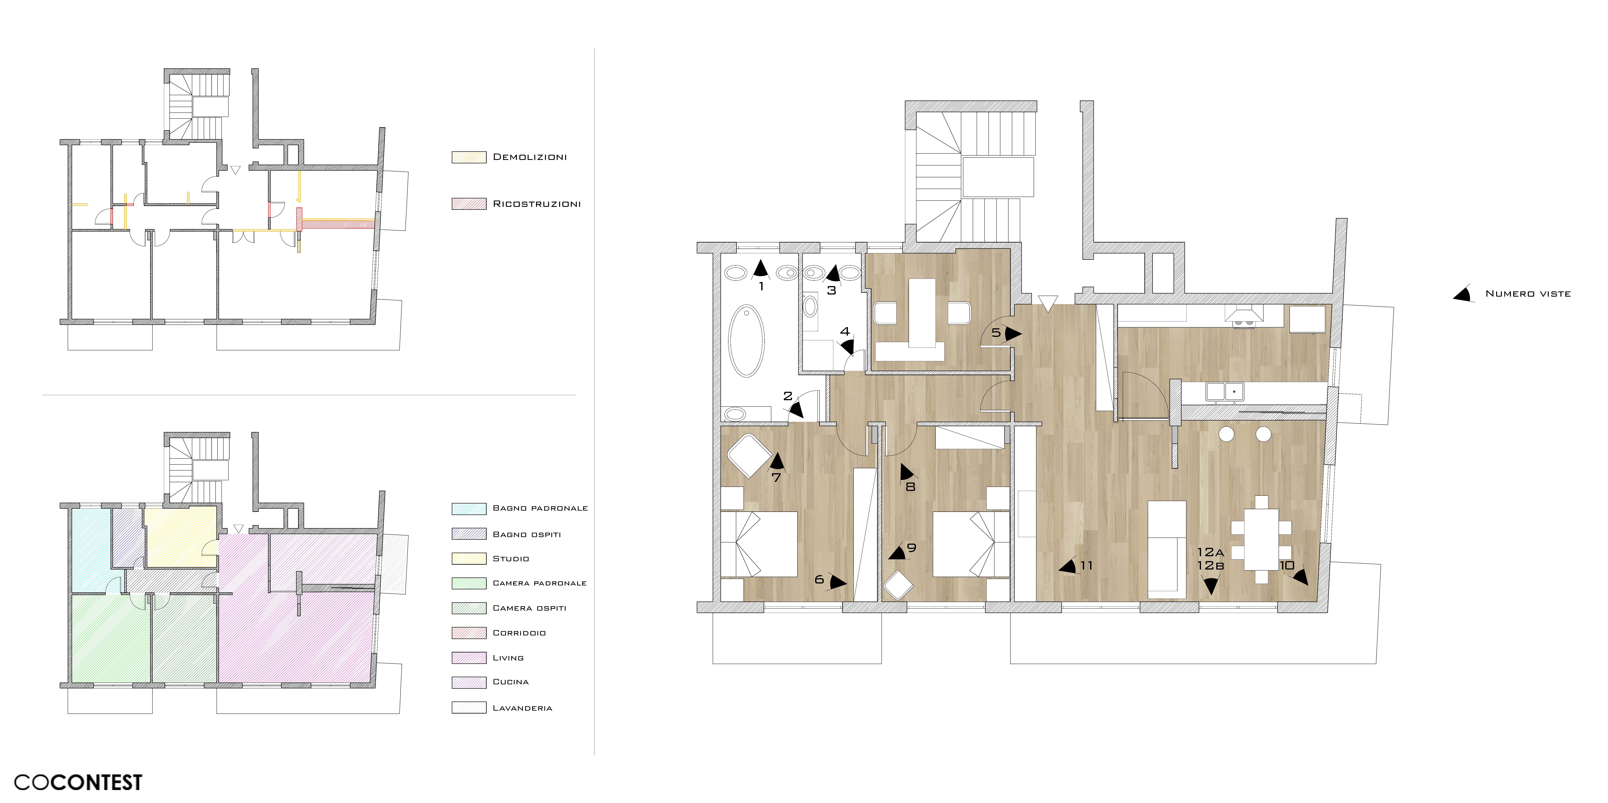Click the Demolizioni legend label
click(530, 157)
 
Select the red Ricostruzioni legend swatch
click(469, 204)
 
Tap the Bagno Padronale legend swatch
click(469, 508)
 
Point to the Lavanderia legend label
click(522, 708)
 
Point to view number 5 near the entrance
click(996, 333)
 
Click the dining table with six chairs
click(1261, 540)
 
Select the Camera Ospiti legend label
click(529, 608)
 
